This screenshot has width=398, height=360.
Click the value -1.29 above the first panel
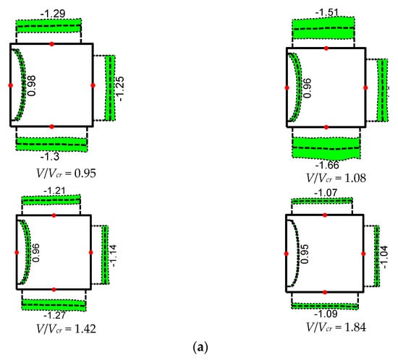pyautogui.click(x=53, y=14)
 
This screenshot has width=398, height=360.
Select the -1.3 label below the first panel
pyautogui.click(x=50, y=157)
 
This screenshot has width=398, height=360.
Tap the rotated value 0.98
pyautogui.click(x=32, y=86)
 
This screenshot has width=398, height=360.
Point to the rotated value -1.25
pyautogui.click(x=120, y=89)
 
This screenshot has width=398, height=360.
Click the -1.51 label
pyautogui.click(x=327, y=12)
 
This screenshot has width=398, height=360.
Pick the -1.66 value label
pyautogui.click(x=327, y=165)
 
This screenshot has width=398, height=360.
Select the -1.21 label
pyautogui.click(x=54, y=190)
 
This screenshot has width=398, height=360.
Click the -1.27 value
pyautogui.click(x=54, y=315)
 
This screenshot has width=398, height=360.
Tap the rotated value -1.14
pyautogui.click(x=113, y=255)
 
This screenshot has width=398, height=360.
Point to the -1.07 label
pyautogui.click(x=326, y=193)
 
